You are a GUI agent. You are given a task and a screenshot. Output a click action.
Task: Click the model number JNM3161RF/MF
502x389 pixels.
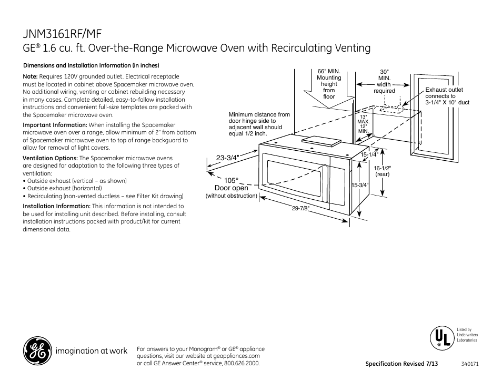tap(63, 33)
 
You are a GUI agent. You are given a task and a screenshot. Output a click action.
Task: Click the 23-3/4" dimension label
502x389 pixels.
tap(228, 157)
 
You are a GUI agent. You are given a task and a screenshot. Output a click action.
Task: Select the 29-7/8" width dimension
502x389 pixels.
tap(300, 208)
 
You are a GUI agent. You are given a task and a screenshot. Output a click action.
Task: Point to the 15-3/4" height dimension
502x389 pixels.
tap(360, 184)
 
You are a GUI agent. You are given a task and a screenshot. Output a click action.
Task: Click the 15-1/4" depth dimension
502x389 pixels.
tap(369, 154)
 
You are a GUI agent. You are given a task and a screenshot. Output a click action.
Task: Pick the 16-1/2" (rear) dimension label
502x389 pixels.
tap(383, 170)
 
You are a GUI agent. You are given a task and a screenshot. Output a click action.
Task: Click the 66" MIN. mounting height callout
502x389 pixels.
tap(329, 84)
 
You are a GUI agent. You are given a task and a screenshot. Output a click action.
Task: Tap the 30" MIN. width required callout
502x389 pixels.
tap(384, 81)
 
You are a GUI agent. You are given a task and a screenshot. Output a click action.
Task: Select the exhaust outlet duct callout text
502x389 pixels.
tap(447, 96)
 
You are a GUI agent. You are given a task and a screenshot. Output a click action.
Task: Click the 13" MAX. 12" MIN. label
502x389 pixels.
tap(364, 123)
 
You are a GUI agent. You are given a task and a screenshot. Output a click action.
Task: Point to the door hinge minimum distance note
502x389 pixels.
tap(259, 124)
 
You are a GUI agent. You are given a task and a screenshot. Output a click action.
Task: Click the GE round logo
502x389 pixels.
tap(37, 351)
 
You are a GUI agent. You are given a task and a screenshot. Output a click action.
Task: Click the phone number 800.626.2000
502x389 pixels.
tap(242, 363)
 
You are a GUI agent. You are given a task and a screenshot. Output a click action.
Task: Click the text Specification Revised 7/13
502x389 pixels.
tap(402, 364)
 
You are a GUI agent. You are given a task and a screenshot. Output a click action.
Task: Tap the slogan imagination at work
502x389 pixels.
tap(92, 352)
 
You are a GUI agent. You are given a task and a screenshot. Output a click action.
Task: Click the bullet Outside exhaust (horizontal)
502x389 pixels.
tap(64, 188)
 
